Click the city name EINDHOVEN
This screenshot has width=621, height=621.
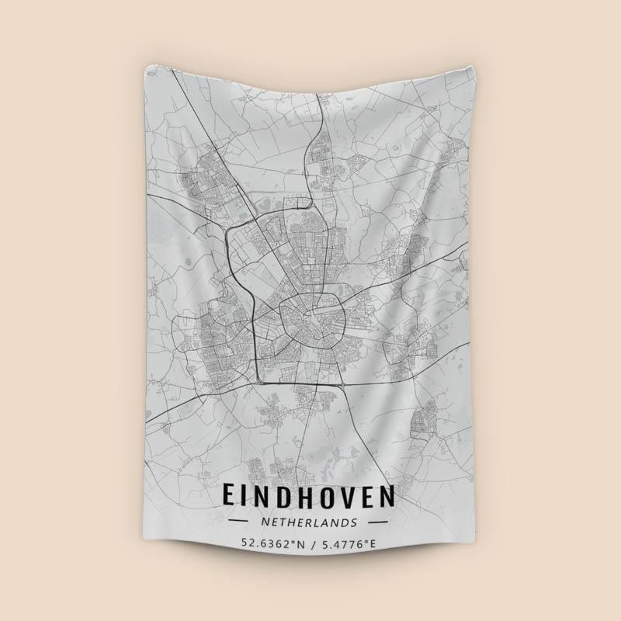point(309,496)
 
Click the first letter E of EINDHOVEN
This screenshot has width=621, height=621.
point(230,496)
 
